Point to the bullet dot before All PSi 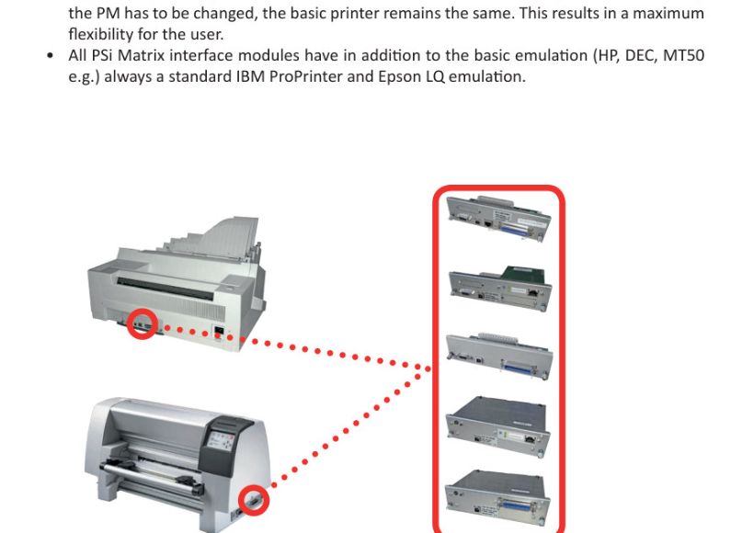pos(51,56)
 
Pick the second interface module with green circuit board pos(500,287)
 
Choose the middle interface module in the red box pos(499,356)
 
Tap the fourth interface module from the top pos(498,425)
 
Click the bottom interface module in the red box pos(497,498)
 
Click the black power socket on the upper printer pos(219,332)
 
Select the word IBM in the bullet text pos(250,77)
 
